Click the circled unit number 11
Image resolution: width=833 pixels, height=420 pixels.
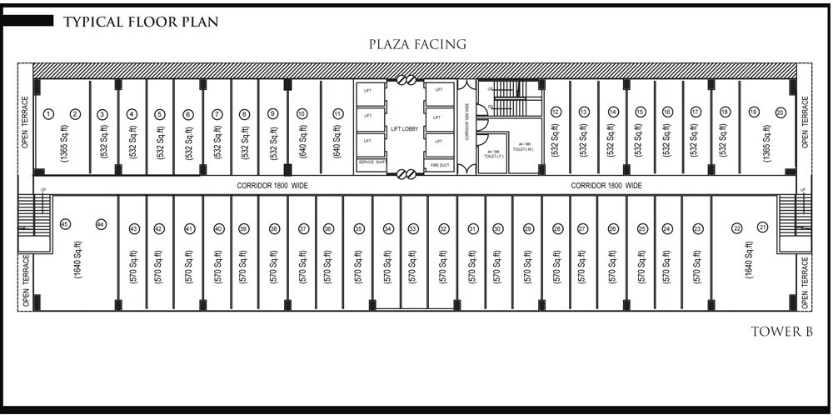337,113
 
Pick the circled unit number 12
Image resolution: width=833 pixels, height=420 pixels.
556,112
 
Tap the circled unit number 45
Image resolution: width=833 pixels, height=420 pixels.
65,224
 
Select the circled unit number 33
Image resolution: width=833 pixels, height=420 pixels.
412,228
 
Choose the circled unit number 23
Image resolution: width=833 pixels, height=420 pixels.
697,228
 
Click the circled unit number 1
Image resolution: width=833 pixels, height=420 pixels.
49,113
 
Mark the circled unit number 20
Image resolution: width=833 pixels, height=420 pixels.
781,112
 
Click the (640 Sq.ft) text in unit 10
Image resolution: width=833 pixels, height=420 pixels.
302,142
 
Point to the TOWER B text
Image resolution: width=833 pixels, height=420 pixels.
781,332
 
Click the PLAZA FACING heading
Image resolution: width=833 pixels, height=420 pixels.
417,44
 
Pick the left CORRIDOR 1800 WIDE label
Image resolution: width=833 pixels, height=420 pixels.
272,186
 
